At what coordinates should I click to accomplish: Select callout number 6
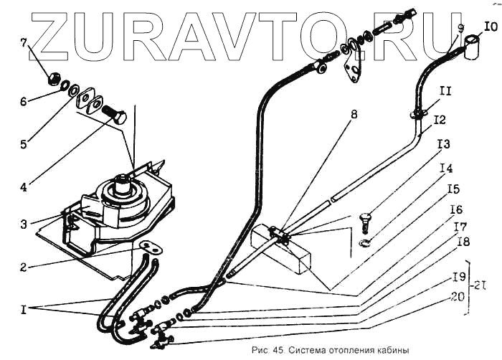24,102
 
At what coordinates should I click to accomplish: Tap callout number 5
24,145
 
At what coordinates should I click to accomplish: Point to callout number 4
24,188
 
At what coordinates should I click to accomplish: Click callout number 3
24,224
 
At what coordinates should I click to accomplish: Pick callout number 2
24,267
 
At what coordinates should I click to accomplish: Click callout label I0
491,27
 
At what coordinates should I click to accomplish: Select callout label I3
444,143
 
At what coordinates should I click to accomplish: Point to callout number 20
456,295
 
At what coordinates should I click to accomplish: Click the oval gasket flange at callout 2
150,246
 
